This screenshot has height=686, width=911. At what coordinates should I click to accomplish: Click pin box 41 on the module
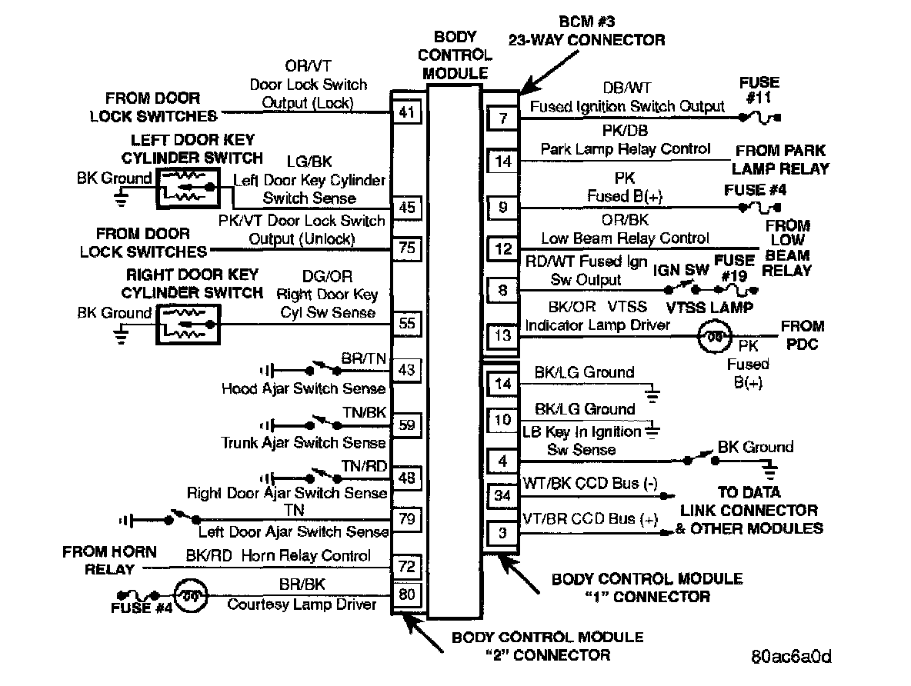[x=406, y=113]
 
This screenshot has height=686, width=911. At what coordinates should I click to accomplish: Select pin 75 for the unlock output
[x=406, y=248]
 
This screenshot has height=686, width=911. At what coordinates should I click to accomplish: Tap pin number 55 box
[x=406, y=324]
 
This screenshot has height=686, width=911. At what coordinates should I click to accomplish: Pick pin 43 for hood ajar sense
[x=406, y=370]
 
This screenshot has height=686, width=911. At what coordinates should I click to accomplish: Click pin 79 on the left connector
[x=406, y=520]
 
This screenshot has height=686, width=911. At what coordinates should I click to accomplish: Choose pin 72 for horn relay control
[x=406, y=568]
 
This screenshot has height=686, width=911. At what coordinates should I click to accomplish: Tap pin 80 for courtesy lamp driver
[x=406, y=594]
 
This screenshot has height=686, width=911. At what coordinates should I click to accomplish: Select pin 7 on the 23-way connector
[x=503, y=118]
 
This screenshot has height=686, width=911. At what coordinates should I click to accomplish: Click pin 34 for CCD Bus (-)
[x=503, y=496]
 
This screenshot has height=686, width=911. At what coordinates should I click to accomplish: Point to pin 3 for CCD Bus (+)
[x=503, y=532]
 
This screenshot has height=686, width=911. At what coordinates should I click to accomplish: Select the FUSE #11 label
[x=759, y=90]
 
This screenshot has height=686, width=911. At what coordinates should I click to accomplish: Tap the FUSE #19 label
[x=734, y=268]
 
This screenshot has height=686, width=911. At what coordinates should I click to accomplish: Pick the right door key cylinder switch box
[x=188, y=323]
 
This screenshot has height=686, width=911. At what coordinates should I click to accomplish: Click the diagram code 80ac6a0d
[x=792, y=658]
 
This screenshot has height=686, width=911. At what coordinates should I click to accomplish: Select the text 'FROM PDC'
[x=803, y=335]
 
